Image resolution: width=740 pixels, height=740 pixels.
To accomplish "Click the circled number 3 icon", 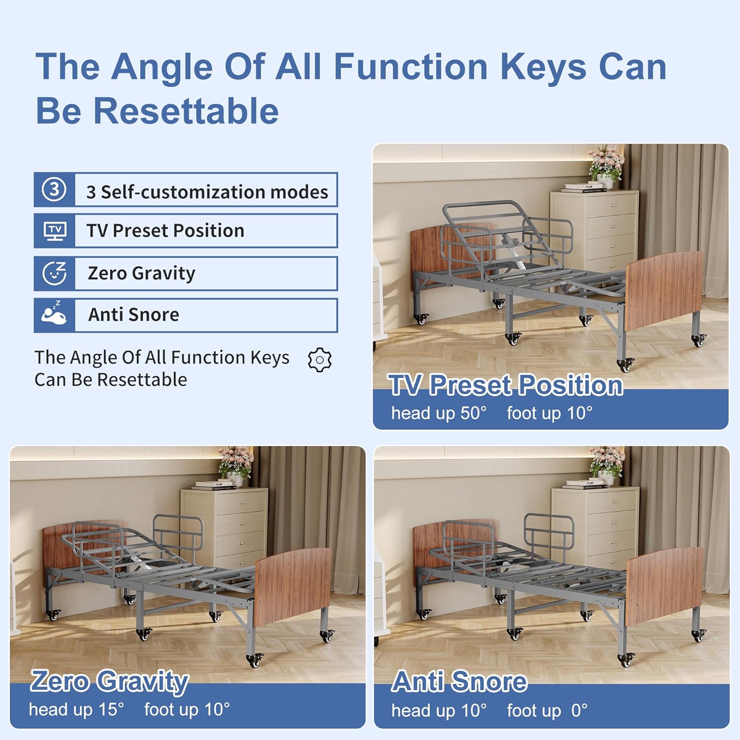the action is coord(54,189).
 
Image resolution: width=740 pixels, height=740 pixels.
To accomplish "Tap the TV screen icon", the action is coord(55,231).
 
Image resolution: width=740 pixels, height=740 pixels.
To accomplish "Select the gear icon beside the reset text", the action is coord(320,360).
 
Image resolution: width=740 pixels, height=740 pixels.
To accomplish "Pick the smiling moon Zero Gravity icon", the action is coord(54,273).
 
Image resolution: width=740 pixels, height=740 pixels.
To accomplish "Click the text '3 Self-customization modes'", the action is coord(207,192).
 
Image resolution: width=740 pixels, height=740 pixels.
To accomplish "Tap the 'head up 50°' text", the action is coord(439,413).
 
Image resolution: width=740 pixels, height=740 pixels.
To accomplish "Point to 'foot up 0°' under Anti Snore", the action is coord(547,710).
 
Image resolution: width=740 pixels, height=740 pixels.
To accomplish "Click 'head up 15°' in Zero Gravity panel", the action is coord(76,709).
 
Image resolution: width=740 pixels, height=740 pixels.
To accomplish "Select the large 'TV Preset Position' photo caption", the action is coord(506,385).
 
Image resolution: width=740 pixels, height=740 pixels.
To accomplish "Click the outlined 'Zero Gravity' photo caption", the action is coord(110,681).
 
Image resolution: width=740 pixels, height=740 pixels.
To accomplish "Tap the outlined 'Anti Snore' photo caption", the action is coord(459,681).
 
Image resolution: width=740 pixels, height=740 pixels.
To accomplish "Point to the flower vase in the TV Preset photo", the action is coord(606,165).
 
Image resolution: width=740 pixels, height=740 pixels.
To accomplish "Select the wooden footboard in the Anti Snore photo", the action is coord(665,586).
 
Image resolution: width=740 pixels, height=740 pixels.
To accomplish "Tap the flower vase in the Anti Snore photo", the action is coord(607,466).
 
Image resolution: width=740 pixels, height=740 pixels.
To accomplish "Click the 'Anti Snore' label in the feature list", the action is coord(134,315).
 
